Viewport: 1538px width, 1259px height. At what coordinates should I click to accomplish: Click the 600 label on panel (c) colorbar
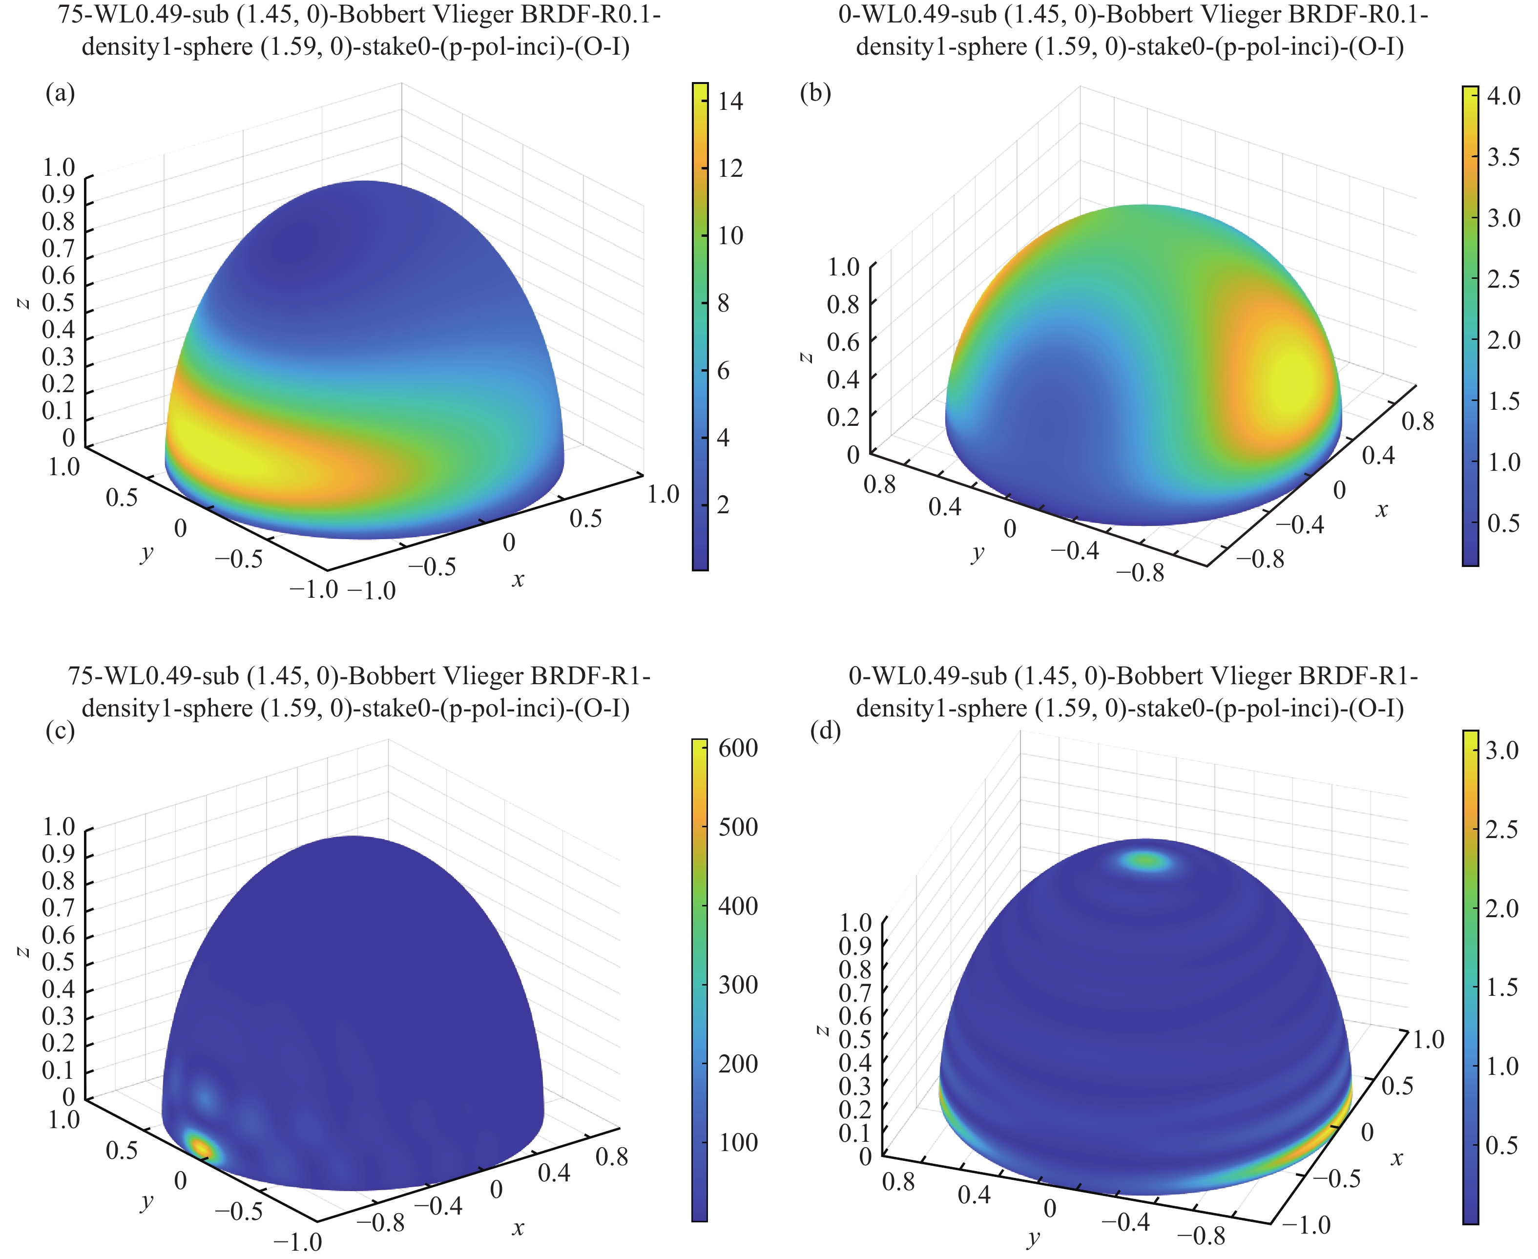[x=737, y=748]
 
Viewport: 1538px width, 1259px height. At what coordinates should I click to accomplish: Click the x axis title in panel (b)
[x=1381, y=510]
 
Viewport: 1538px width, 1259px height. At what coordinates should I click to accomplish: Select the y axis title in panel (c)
[x=147, y=1202]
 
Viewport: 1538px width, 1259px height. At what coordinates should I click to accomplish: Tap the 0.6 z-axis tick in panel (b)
[x=843, y=341]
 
